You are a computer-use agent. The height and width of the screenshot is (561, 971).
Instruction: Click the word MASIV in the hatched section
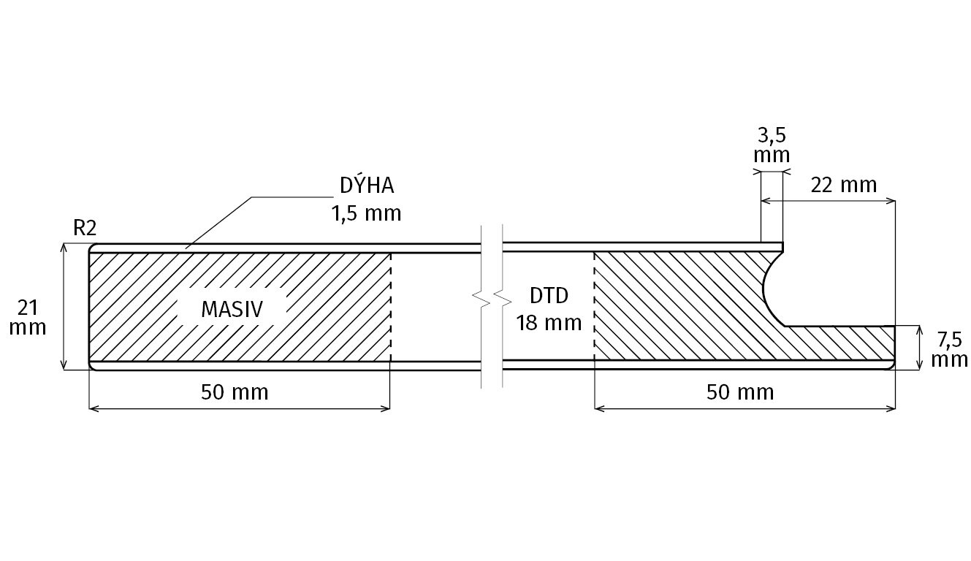[232, 309]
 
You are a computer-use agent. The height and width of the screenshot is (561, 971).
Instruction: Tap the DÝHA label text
[367, 186]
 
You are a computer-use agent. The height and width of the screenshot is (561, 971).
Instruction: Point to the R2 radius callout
[85, 229]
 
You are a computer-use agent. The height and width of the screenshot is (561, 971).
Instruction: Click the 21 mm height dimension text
[28, 316]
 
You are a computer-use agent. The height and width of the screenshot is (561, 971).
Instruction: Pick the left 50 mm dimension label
[235, 392]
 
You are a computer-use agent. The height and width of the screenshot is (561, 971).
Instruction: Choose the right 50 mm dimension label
[740, 392]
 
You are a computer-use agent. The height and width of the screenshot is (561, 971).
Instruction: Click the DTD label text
[549, 296]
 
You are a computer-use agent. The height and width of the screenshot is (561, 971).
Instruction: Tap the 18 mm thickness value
[549, 322]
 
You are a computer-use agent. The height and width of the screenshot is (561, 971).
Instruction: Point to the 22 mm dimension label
[843, 185]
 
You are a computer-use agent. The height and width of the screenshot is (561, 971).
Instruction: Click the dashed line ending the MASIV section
[390, 307]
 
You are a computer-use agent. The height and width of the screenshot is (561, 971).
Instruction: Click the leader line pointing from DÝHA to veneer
[219, 221]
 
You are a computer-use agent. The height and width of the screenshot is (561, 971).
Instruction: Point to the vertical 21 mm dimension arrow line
[65, 307]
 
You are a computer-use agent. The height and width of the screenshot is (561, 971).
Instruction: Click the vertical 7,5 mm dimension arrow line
[918, 348]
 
